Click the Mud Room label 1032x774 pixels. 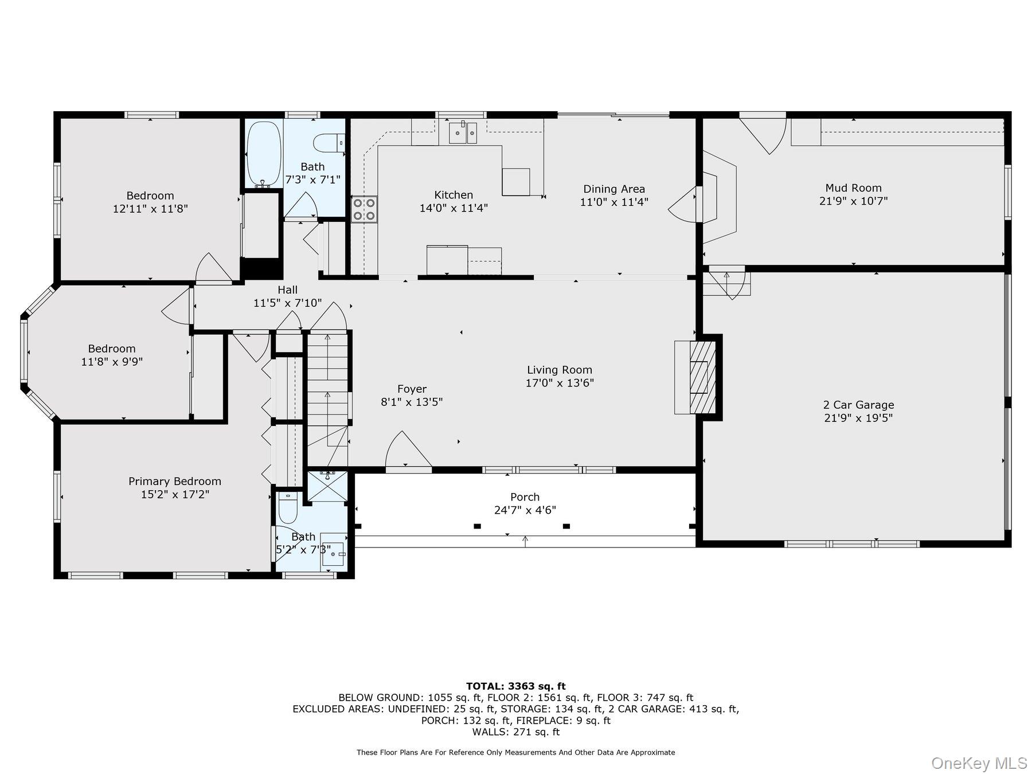(x=853, y=188)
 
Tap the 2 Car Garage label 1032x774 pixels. (x=858, y=405)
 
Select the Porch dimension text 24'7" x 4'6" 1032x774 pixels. (x=525, y=510)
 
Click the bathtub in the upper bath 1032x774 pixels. (x=264, y=153)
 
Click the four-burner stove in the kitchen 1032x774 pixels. (x=364, y=209)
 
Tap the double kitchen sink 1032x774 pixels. (x=463, y=133)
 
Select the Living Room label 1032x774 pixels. (x=560, y=370)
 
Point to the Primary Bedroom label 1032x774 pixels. (x=175, y=481)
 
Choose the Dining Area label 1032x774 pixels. (x=614, y=189)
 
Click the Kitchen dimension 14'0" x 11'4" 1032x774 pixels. (x=454, y=208)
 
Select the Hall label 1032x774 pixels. (x=288, y=290)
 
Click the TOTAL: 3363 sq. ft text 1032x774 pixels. (x=516, y=686)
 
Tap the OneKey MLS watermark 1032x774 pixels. (x=979, y=763)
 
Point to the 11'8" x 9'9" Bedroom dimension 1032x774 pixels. (x=112, y=362)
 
